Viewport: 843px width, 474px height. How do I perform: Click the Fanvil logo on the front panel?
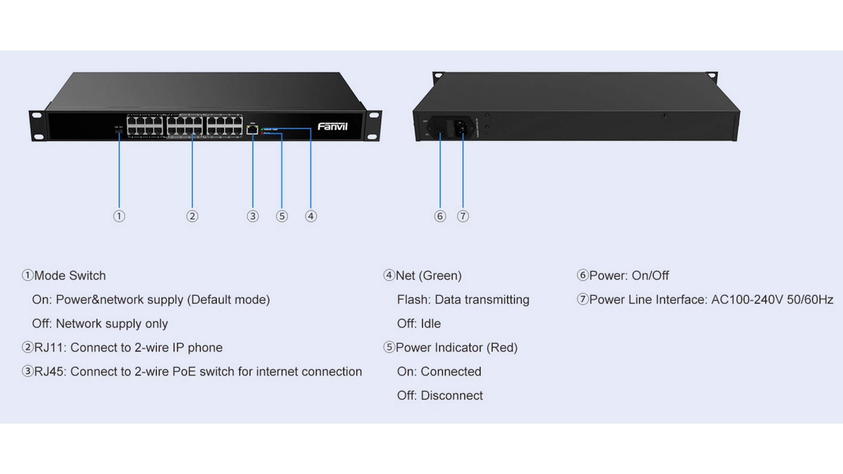coord(332,127)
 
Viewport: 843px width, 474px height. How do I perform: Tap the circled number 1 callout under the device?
coord(119,216)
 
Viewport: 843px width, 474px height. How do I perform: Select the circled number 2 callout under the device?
coord(192,216)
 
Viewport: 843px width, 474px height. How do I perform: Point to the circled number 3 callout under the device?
coord(252,216)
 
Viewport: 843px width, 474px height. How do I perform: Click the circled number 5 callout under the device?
coord(282,216)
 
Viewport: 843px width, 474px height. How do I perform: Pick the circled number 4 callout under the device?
coord(311,216)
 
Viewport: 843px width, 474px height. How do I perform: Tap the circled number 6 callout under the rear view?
coord(440,216)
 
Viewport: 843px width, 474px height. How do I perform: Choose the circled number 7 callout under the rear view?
coord(463,216)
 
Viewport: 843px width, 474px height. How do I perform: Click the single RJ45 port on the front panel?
coord(252,129)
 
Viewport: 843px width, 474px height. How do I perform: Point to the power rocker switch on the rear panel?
coord(440,128)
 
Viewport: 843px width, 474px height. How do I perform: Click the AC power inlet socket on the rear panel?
coord(461,128)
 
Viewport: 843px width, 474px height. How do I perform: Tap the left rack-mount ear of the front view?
coord(38,126)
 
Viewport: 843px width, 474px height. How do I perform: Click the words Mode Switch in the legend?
coord(70,276)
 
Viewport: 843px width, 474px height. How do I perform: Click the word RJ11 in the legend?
coord(50,348)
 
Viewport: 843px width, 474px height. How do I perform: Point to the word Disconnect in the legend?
coord(451,395)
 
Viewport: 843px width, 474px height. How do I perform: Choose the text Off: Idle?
coord(418,323)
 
